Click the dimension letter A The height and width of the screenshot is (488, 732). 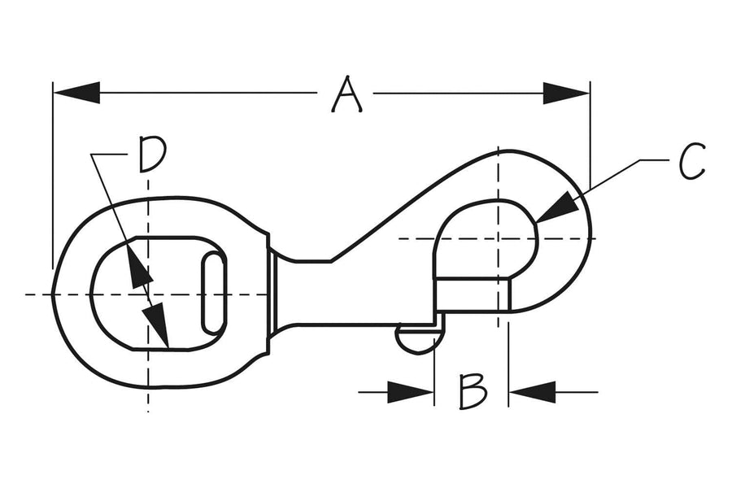click(x=346, y=94)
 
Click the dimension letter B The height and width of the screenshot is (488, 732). click(x=473, y=391)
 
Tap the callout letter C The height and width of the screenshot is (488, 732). click(x=691, y=162)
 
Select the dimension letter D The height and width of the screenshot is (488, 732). click(x=152, y=154)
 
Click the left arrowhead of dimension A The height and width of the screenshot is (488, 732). click(x=76, y=93)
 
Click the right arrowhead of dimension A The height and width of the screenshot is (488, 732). click(x=567, y=94)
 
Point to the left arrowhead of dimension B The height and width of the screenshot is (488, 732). click(x=411, y=392)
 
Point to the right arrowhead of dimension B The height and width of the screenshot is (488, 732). click(x=532, y=392)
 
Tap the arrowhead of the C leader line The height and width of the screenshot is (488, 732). click(x=557, y=207)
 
